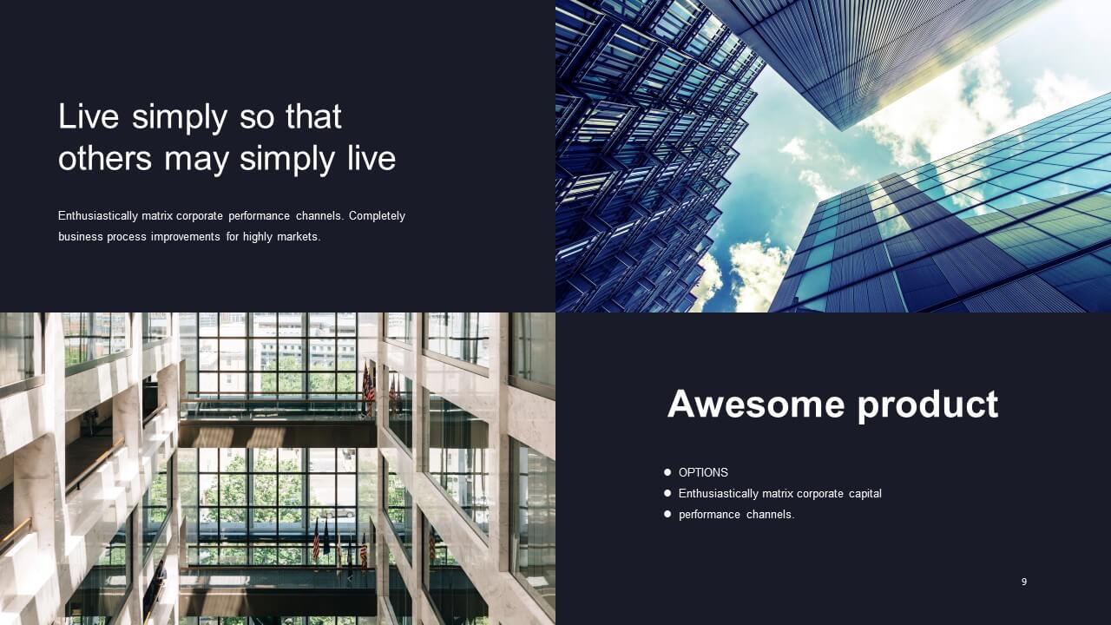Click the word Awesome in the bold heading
click(x=756, y=405)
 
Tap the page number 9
click(x=1024, y=582)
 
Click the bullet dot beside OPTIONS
click(x=667, y=472)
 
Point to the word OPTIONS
click(x=703, y=473)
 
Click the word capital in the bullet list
click(x=865, y=494)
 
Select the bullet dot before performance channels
click(x=667, y=515)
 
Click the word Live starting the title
click(x=89, y=117)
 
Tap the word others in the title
click(x=105, y=159)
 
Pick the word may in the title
click(x=196, y=161)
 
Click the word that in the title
click(x=313, y=117)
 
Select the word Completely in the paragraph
click(x=377, y=216)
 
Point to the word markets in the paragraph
click(x=299, y=237)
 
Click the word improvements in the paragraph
click(x=186, y=237)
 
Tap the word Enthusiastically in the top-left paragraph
click(x=98, y=216)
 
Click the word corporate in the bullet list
click(x=820, y=494)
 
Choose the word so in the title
click(x=256, y=120)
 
